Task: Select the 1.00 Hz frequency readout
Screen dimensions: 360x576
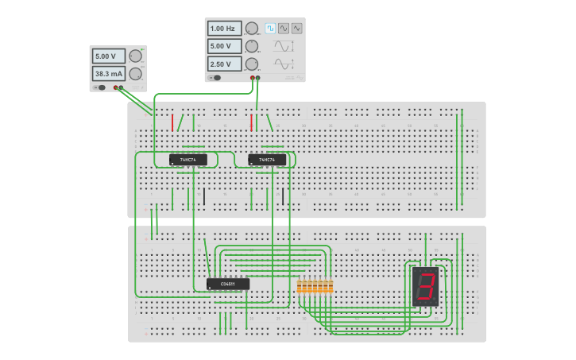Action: pyautogui.click(x=223, y=29)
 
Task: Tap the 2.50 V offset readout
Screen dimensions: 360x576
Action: pyautogui.click(x=223, y=64)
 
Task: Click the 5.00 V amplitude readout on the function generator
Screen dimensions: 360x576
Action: pyautogui.click(x=223, y=46)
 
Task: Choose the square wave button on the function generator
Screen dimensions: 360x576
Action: pyautogui.click(x=270, y=28)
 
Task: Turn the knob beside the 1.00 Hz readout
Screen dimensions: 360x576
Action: pyautogui.click(x=252, y=29)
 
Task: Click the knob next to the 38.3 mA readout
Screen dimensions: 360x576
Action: pyautogui.click(x=135, y=74)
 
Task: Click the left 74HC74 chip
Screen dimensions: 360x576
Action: pyautogui.click(x=188, y=160)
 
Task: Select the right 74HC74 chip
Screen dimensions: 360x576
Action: pyautogui.click(x=267, y=160)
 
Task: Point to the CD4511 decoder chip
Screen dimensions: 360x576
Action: pyautogui.click(x=228, y=284)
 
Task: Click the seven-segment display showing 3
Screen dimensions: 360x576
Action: pyautogui.click(x=426, y=287)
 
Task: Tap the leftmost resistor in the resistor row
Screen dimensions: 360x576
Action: pyautogui.click(x=300, y=286)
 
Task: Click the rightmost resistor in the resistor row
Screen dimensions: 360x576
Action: pyautogui.click(x=331, y=286)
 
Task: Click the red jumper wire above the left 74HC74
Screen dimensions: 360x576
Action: pyautogui.click(x=172, y=122)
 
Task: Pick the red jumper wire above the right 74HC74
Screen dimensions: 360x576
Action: pyautogui.click(x=252, y=122)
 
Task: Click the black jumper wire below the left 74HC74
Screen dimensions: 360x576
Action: pyautogui.click(x=204, y=196)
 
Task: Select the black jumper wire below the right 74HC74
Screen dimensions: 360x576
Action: pyautogui.click(x=283, y=196)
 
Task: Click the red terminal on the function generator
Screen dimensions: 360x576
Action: pyautogui.click(x=253, y=78)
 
